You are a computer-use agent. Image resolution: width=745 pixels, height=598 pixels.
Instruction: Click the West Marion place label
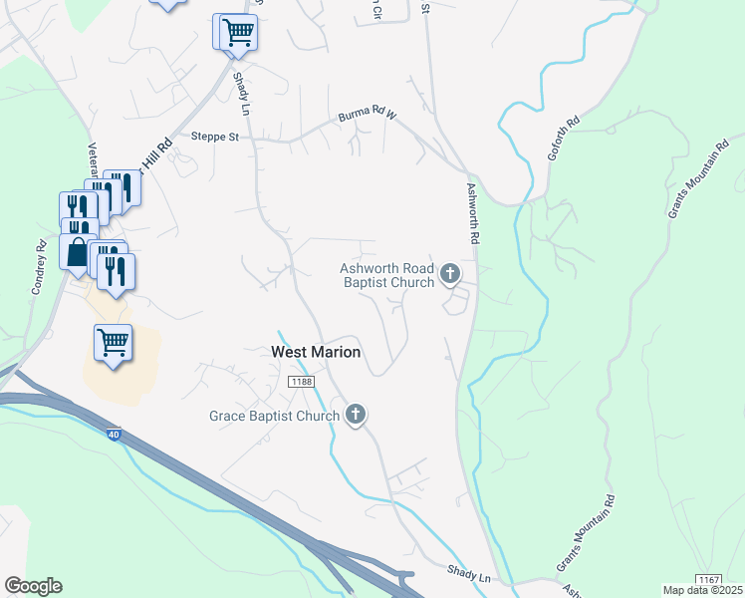point(316,352)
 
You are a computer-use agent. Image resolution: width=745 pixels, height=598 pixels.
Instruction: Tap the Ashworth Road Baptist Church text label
point(387,275)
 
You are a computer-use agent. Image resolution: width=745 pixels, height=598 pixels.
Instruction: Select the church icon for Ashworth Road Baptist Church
point(450,273)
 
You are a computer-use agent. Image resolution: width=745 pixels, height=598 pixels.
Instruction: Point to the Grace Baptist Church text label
point(275,416)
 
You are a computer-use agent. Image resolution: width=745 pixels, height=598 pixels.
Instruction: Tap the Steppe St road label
point(216,137)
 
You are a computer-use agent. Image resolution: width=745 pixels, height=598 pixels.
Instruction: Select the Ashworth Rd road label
point(473,214)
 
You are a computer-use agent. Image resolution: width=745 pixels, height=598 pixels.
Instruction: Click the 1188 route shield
point(300,382)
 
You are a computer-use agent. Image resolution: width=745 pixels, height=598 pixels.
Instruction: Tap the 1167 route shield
point(708,579)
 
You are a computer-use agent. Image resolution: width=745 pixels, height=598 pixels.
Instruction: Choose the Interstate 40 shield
point(114,435)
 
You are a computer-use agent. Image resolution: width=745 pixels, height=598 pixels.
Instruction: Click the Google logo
point(33,586)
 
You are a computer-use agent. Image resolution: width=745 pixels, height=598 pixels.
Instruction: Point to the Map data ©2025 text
point(704,590)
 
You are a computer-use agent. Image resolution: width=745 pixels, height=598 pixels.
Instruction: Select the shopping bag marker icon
point(78,251)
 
